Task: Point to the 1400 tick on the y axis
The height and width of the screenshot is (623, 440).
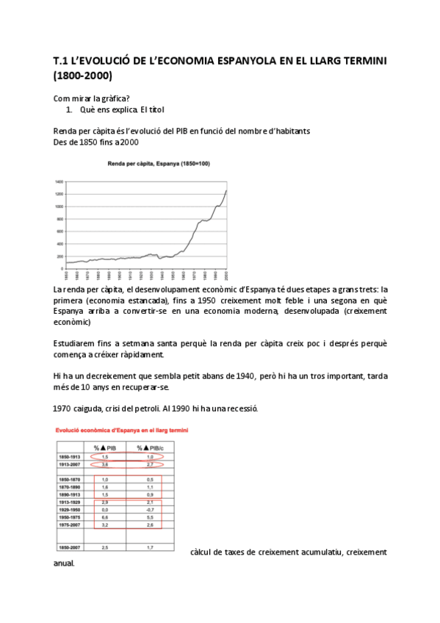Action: point(59,181)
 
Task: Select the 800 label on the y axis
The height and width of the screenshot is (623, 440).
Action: point(59,219)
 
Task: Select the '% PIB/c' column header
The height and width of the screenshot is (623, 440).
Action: point(150,447)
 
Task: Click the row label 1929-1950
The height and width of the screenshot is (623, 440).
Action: point(71,509)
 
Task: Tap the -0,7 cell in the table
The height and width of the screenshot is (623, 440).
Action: point(150,509)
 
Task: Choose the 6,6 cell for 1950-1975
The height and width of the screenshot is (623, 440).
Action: point(105,517)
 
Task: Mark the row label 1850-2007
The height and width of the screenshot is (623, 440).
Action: point(71,547)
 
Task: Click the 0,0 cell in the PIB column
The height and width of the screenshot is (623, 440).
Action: point(105,509)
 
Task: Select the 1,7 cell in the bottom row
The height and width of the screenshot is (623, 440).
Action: point(150,547)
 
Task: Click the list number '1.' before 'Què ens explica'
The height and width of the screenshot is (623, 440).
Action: point(69,109)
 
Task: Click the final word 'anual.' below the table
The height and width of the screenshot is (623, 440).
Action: point(63,565)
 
